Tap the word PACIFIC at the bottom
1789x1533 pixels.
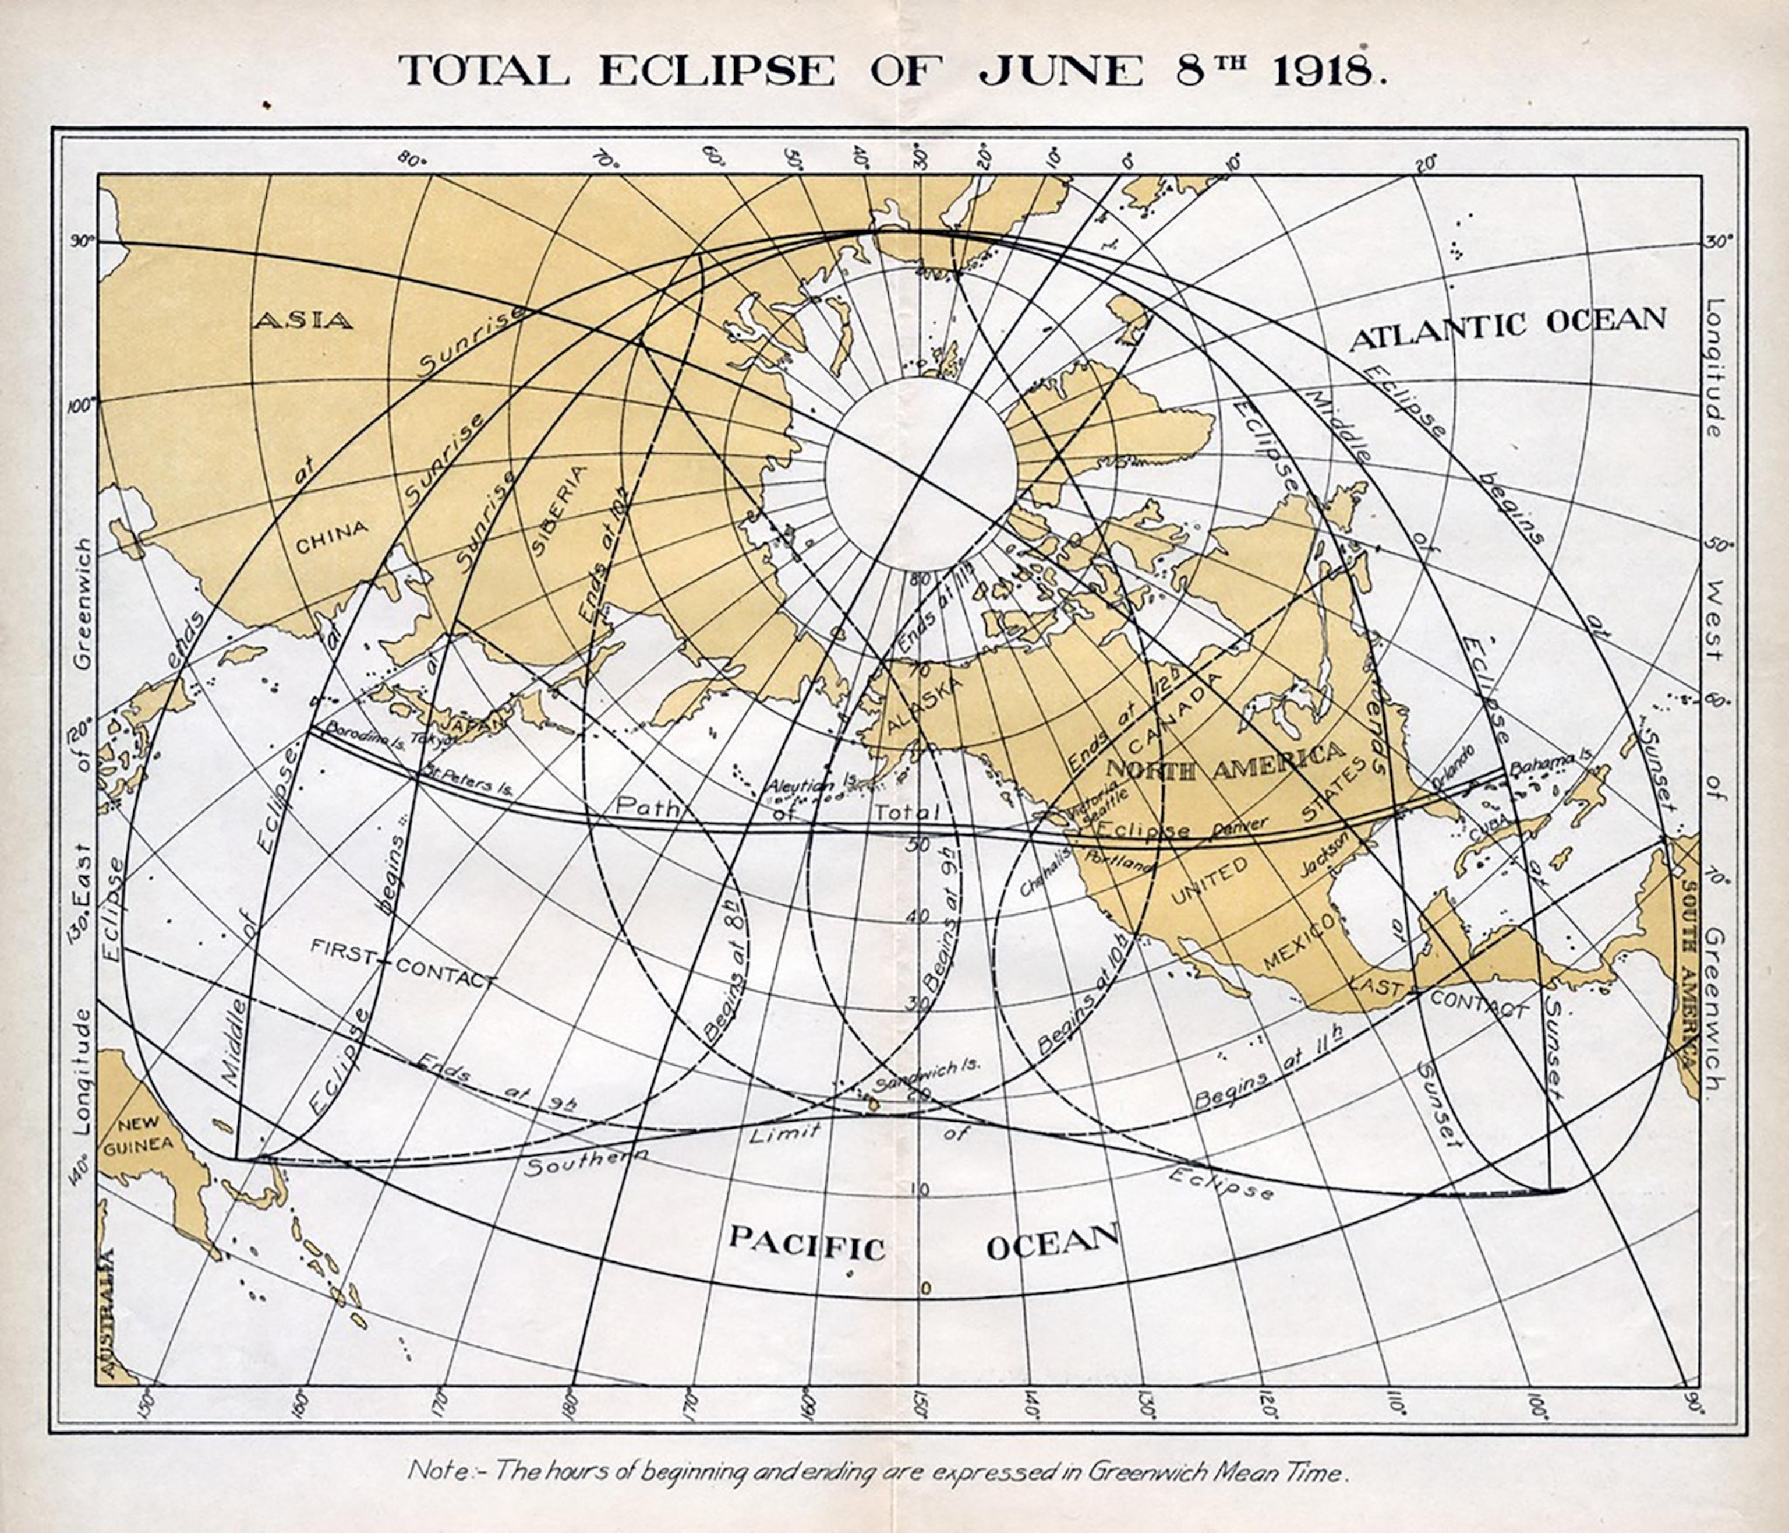pyautogui.click(x=807, y=1247)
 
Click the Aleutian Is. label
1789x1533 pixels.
pyautogui.click(x=811, y=785)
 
